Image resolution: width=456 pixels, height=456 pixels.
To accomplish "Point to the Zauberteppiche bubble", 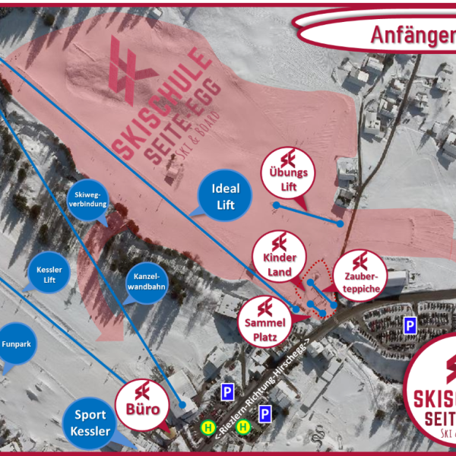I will point(360,273).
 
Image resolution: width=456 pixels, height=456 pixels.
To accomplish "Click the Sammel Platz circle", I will point(264,318).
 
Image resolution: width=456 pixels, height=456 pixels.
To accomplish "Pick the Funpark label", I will point(16,345).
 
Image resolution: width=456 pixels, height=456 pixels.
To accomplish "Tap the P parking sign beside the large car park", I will point(410,325).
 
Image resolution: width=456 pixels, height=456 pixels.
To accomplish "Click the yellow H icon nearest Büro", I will point(206,429).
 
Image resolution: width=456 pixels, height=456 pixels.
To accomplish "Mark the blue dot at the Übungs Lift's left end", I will point(276,204).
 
